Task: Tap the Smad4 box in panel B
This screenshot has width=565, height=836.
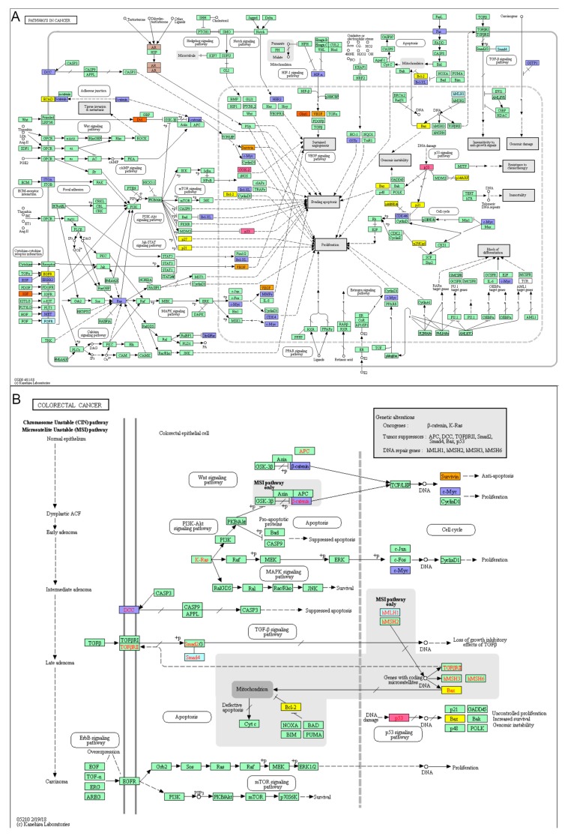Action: [x=193, y=658]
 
